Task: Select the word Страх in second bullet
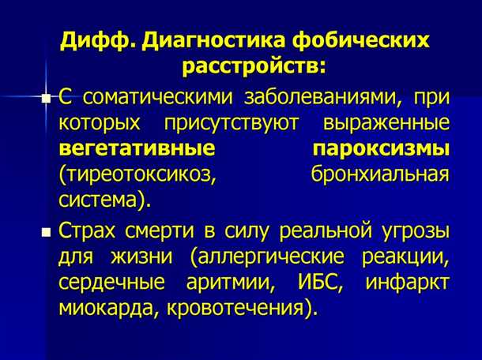coord(90,232)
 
